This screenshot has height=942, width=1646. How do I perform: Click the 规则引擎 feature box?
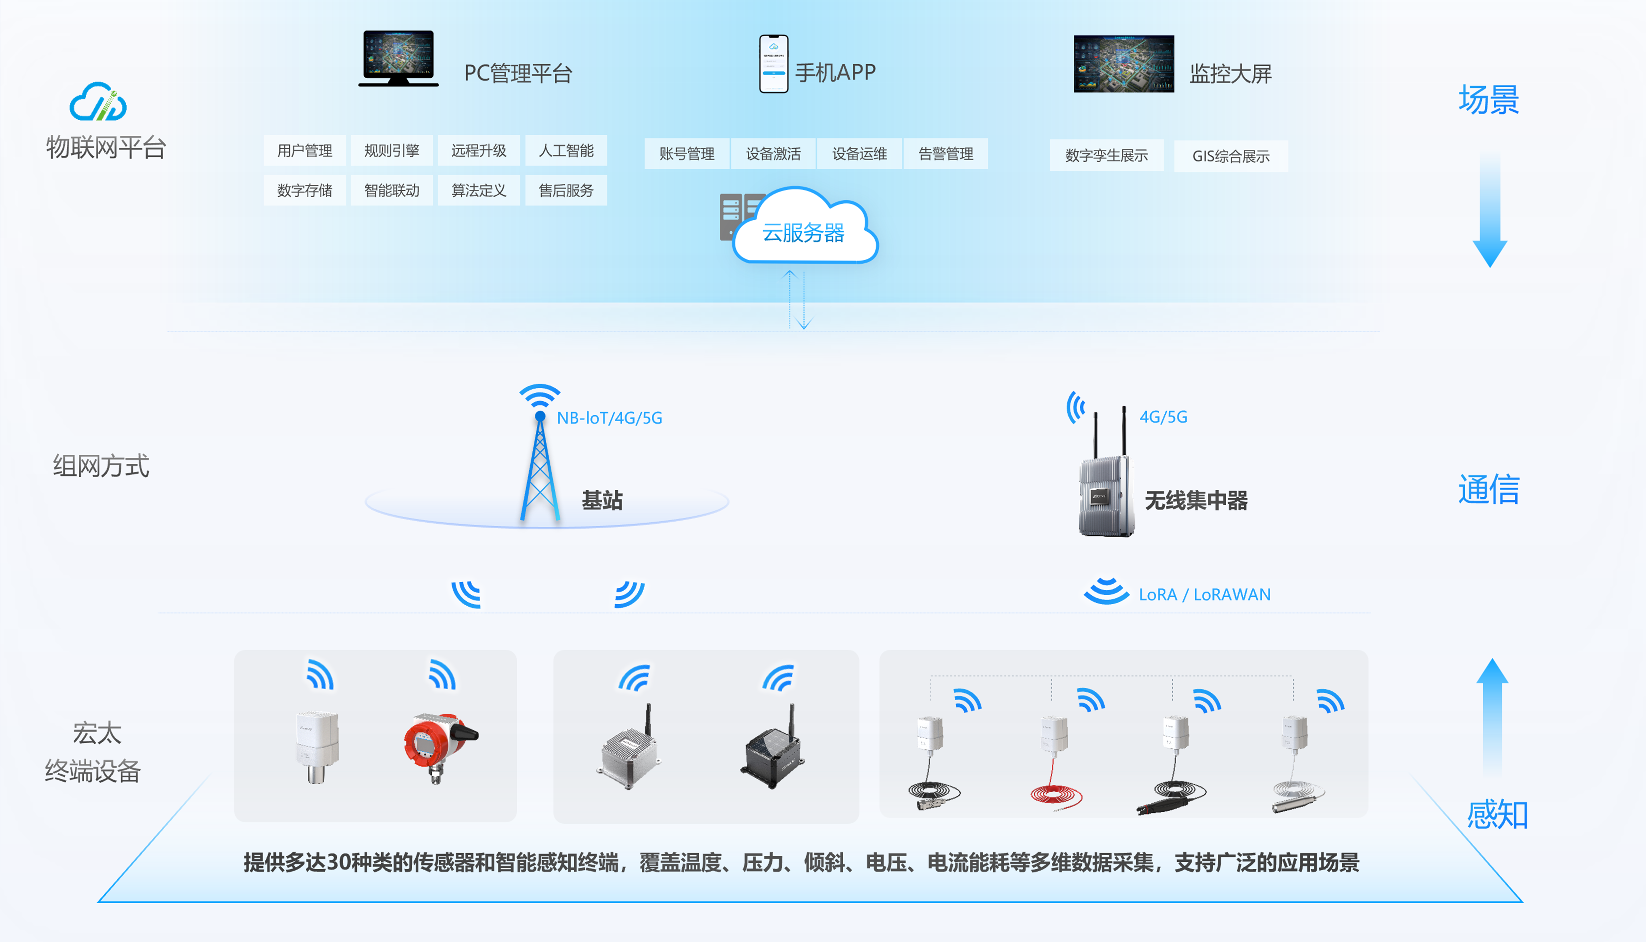392,151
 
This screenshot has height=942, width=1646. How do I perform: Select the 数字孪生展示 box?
1107,156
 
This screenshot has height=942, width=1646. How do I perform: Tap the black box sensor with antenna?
773,751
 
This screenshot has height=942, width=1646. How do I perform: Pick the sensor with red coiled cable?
1054,763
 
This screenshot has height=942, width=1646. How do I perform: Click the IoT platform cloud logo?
98,102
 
